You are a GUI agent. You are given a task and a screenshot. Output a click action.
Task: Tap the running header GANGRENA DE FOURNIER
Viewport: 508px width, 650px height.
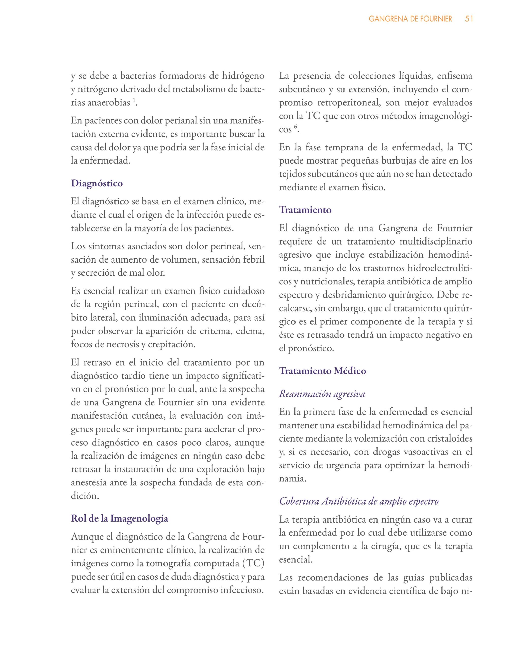point(411,19)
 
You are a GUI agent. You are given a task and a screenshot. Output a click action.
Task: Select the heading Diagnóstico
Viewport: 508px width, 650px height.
point(97,183)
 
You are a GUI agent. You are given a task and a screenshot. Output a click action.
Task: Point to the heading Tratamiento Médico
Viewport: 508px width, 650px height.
point(322,371)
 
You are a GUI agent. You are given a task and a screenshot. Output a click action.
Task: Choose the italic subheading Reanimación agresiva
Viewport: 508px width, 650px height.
point(322,394)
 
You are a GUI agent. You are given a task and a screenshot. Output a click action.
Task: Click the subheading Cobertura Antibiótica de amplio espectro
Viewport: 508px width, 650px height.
point(359,501)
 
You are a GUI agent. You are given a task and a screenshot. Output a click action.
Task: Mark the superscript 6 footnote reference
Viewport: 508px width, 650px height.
point(296,127)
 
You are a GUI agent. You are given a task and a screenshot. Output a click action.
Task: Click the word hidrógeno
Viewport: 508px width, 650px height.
point(243,76)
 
